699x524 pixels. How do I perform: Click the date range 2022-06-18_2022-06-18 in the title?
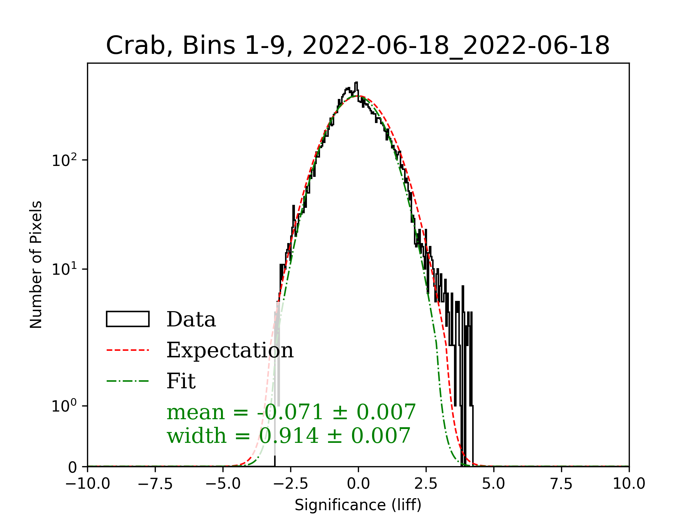(456, 46)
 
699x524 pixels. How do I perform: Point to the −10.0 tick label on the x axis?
(88, 484)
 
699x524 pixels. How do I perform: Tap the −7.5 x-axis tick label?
(155, 484)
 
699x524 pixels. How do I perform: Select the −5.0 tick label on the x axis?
(223, 484)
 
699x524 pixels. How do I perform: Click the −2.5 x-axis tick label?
(291, 484)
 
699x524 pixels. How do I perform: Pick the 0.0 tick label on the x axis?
(358, 484)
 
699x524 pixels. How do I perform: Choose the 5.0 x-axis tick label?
(494, 484)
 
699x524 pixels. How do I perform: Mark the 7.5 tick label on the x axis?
(561, 484)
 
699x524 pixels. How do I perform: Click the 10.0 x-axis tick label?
(629, 484)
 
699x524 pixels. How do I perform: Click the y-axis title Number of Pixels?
(36, 265)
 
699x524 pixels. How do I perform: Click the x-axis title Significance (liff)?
(358, 505)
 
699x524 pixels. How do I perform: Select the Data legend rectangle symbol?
(128, 319)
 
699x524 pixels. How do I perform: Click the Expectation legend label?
(230, 350)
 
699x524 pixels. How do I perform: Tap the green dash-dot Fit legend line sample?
(128, 381)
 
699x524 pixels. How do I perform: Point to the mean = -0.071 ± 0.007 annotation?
(291, 412)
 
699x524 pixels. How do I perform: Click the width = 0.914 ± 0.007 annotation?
(288, 436)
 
